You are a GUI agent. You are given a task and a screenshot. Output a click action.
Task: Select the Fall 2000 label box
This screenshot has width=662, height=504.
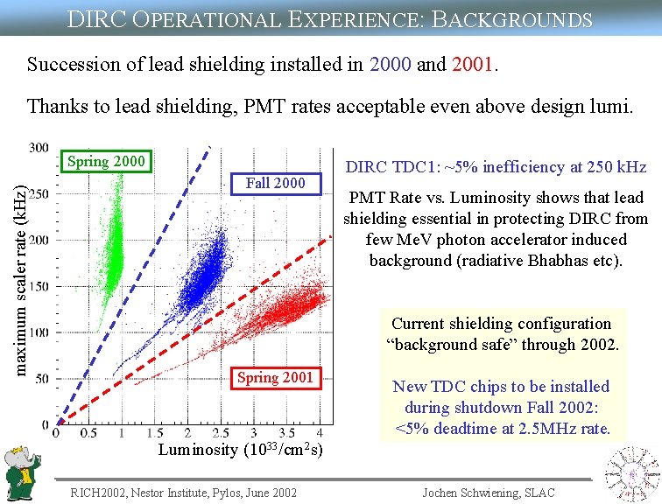(276, 184)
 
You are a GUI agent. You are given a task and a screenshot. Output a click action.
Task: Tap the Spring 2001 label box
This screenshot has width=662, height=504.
(275, 378)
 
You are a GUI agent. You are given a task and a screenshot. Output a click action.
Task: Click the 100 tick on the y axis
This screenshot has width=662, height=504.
(39, 333)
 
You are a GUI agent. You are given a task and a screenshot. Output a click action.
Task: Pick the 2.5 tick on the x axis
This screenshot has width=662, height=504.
(220, 433)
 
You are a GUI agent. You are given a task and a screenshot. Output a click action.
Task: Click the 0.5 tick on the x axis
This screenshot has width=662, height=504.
(89, 433)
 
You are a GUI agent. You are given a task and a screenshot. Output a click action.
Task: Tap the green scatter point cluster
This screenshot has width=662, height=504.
(111, 245)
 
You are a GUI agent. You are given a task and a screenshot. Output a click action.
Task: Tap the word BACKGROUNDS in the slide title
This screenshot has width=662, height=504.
(511, 18)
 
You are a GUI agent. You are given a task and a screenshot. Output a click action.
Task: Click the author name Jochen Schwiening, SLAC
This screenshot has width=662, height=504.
(488, 493)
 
